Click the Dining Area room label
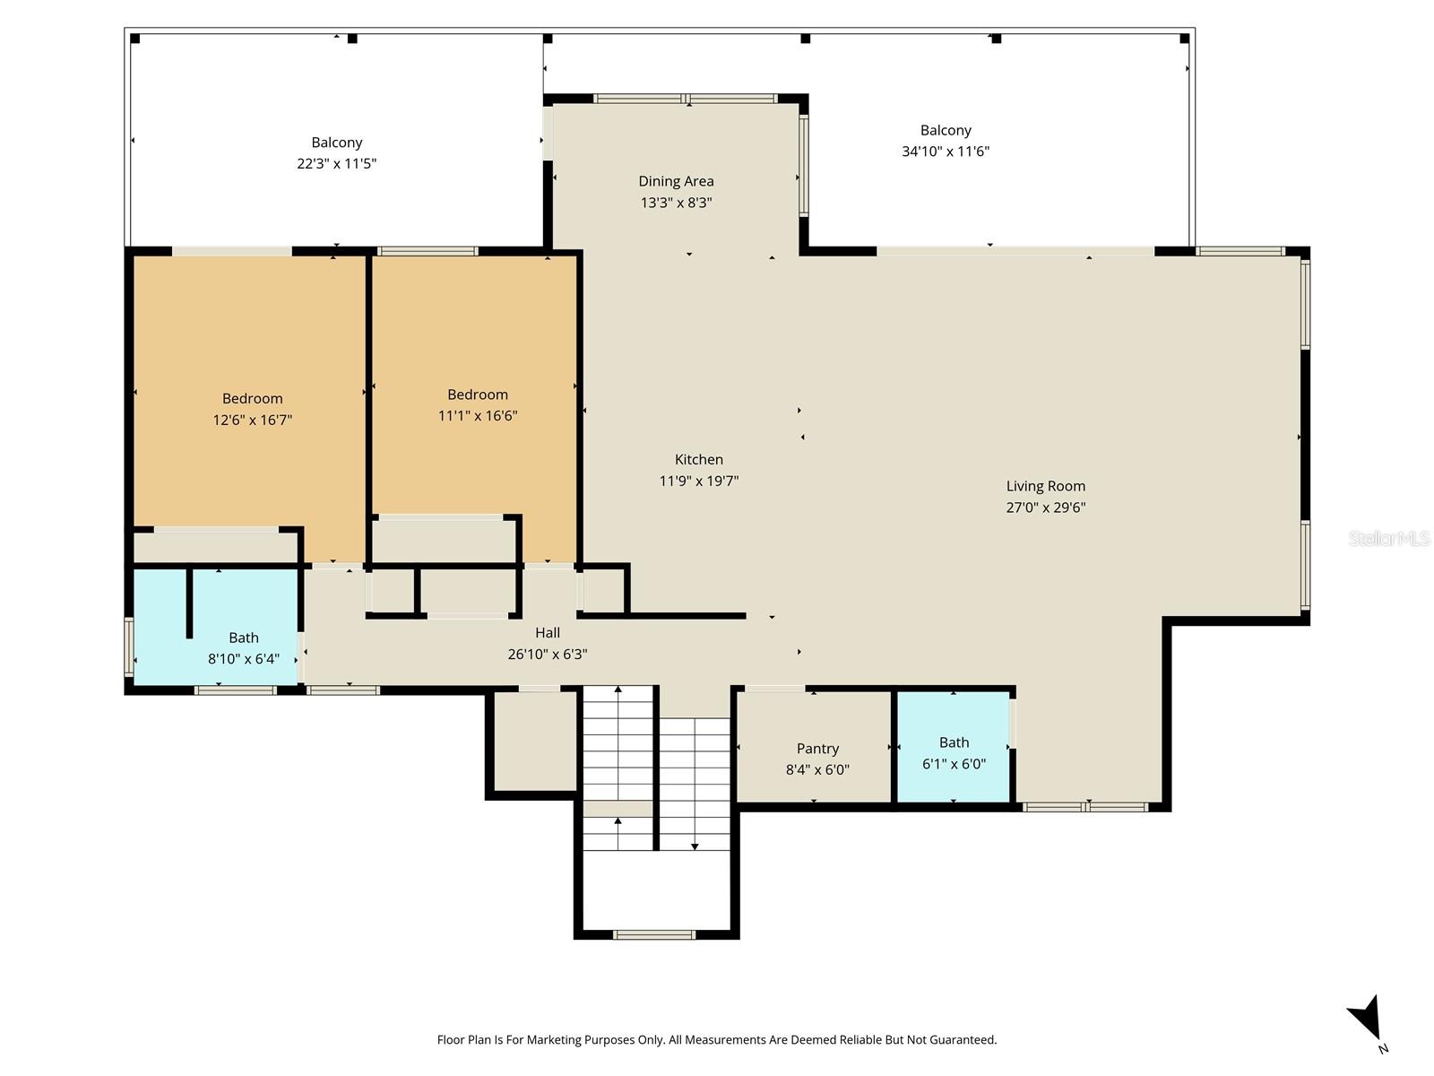[x=676, y=181]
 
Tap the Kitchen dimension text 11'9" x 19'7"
[x=698, y=481]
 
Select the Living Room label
[x=1045, y=486]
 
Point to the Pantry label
[x=817, y=749]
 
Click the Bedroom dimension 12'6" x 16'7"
[x=252, y=420]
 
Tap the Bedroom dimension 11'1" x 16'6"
[x=478, y=415]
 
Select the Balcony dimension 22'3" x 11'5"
[x=336, y=163]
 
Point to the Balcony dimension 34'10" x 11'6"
[x=946, y=152]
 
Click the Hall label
[x=548, y=632]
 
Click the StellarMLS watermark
[x=1389, y=538]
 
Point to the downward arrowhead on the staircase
[x=695, y=846]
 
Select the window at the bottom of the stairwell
[x=654, y=935]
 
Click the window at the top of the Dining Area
[x=686, y=99]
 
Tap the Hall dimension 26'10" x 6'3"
[x=548, y=654]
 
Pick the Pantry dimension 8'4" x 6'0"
[x=817, y=769]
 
